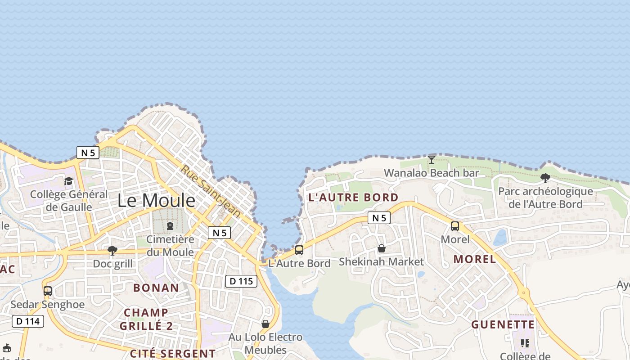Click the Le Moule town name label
pos(156,201)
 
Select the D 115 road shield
pos(241,281)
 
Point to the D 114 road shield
pos(28,321)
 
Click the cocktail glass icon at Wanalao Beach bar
pos(432,159)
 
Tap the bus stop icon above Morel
pos(455,226)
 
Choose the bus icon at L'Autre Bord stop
pos(299,250)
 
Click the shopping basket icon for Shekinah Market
pos(382,248)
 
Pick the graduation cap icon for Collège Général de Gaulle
pos(68,181)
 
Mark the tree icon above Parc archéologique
pos(545,178)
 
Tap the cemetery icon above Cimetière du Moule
pos(170,225)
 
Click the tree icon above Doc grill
pos(112,251)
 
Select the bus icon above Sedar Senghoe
pos(48,291)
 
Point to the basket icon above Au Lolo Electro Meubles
pos(265,324)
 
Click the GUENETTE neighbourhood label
pos(503,324)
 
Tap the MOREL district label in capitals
pos(475,259)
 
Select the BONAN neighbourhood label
pos(156,288)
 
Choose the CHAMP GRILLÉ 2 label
pos(146,319)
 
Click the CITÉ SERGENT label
pos(173,353)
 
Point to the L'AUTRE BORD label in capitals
pos(353,198)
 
